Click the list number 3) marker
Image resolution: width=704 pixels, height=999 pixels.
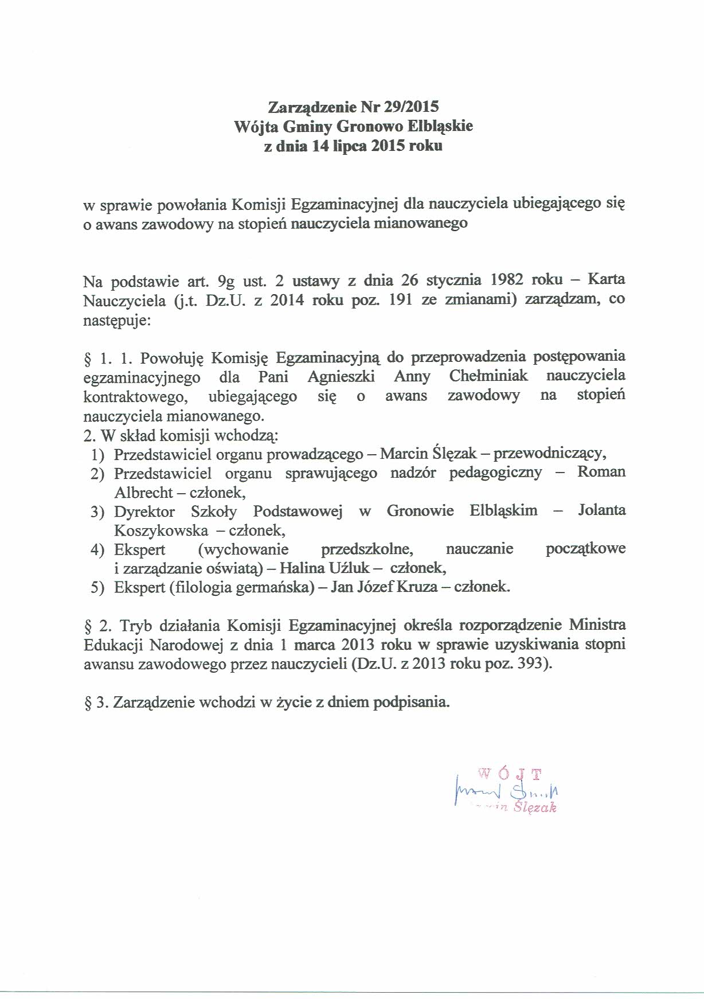97,512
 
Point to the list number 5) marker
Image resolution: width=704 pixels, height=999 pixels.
97,588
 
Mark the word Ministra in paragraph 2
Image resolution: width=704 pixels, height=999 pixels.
598,625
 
